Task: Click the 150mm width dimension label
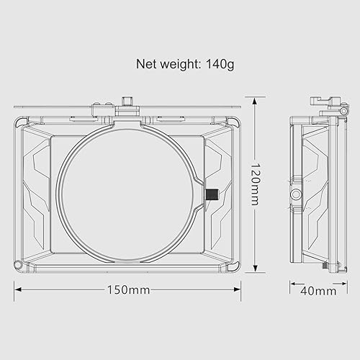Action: (x=128, y=290)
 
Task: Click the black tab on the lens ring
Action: (x=212, y=194)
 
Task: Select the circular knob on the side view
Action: (x=296, y=194)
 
